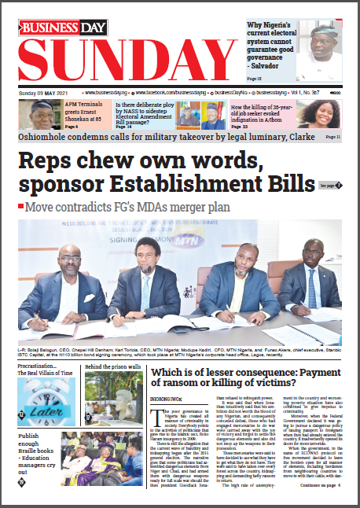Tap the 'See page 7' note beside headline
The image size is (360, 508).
pyautogui.click(x=329, y=186)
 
